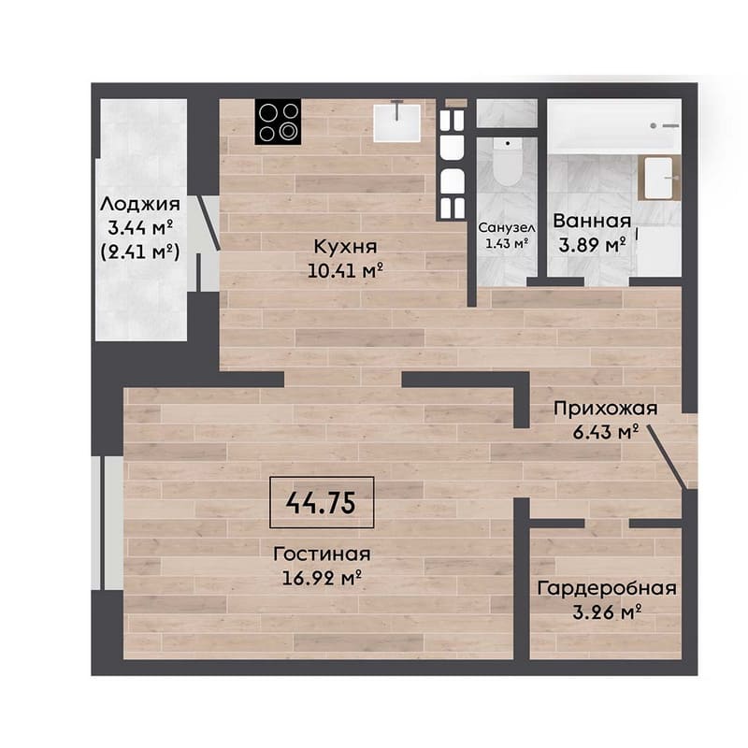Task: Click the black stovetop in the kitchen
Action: tap(278, 122)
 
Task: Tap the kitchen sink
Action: tap(396, 122)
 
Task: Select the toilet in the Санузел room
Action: tap(508, 162)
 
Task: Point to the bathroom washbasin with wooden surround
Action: tap(659, 178)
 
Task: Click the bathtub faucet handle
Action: tap(666, 125)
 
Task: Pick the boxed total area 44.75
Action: tap(322, 502)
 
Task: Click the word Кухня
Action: tap(345, 247)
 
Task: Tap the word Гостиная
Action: tap(322, 554)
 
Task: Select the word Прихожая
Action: tap(605, 409)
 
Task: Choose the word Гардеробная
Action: tap(607, 588)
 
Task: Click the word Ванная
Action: tap(592, 221)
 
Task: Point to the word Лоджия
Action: tap(140, 204)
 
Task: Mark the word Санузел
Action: tap(507, 227)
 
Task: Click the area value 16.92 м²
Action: tap(322, 578)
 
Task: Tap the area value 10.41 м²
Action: tap(345, 270)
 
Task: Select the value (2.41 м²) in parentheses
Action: tap(140, 252)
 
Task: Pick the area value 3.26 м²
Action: tap(606, 611)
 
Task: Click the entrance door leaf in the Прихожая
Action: tap(667, 458)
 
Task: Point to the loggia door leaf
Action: tap(209, 223)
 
